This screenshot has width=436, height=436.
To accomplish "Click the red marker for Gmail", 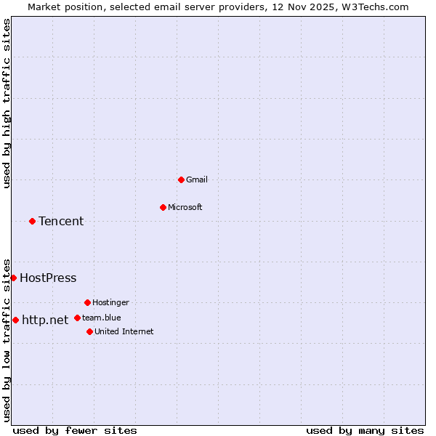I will [181, 179].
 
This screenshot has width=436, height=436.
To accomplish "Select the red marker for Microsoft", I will [163, 207].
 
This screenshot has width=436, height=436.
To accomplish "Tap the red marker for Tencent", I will [32, 221].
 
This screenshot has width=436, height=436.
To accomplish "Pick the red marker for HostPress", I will [13, 278].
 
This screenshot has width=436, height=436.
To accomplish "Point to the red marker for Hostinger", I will [87, 302].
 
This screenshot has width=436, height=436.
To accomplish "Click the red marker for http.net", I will [15, 320].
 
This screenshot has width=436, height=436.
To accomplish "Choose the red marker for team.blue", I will [77, 318].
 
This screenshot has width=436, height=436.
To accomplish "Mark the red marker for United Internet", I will [89, 331].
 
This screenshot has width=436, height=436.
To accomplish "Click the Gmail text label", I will [197, 179].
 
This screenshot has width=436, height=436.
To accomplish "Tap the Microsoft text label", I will [185, 207].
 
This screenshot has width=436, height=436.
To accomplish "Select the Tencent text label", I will [61, 221].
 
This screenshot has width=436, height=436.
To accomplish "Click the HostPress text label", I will [48, 278].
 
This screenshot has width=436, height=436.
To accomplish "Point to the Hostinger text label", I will [110, 302].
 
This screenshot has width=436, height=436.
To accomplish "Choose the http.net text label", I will [45, 320].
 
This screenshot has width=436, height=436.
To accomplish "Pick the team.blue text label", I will [102, 318].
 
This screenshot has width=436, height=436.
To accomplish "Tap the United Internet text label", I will [124, 331].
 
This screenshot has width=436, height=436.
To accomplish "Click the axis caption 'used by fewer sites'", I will [75, 430].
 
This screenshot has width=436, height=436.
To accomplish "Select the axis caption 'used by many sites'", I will [365, 430].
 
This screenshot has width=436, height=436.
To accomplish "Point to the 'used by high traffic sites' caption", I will [7, 103].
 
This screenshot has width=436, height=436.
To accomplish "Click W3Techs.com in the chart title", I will [375, 7].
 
